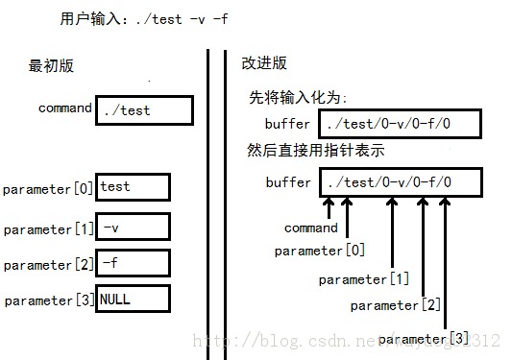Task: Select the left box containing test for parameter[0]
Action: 134,187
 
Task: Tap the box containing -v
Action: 134,228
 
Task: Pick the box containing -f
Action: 134,263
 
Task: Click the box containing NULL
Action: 134,299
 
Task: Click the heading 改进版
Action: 263,63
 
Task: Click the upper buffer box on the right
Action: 398,124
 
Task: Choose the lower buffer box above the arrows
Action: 398,181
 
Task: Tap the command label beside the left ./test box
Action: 65,108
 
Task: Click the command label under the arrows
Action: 311,228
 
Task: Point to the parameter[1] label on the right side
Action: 364,279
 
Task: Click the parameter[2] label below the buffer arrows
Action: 396,305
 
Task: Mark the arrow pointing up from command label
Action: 329,208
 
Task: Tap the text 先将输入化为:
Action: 298,98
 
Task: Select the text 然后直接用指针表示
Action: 317,153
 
